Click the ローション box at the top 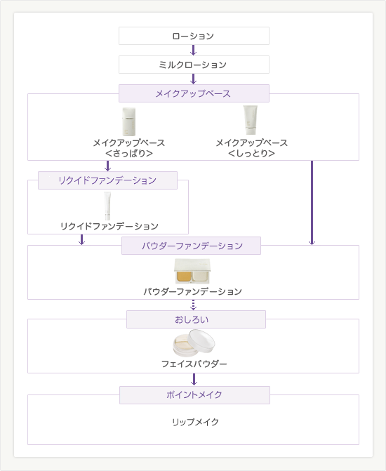194,36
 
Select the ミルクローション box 194,65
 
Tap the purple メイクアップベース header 194,93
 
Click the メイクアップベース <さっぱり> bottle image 129,121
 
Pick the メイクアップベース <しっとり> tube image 251,120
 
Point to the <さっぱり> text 129,153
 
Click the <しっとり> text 251,153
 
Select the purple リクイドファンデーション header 107,180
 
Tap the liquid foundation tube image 107,206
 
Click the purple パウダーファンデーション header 191,246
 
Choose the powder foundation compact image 192,271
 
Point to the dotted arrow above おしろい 193,305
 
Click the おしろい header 196,319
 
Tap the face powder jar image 194,343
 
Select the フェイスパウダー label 194,364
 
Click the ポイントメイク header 194,395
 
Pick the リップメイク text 195,422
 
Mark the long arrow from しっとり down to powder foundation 312,203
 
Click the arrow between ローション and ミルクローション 193,50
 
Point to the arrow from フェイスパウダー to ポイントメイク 194,379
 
